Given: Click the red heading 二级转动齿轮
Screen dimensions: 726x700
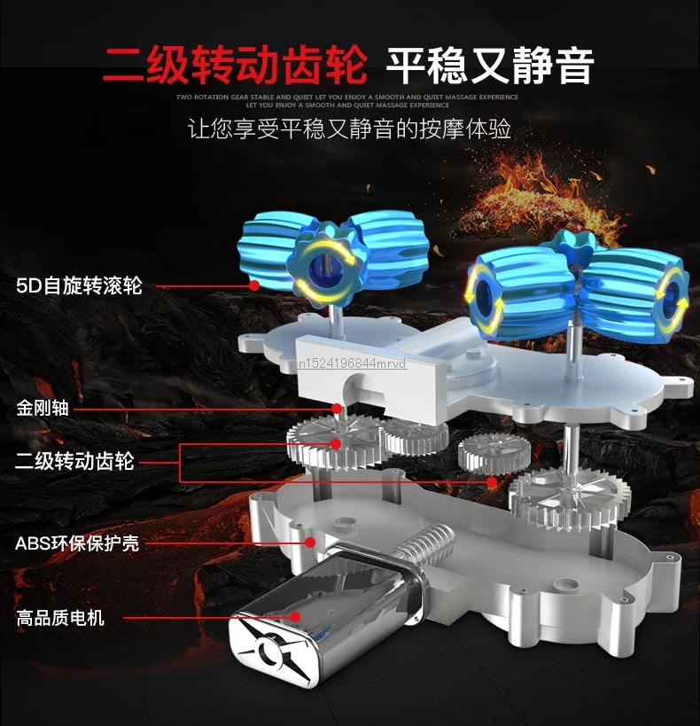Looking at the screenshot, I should click(x=234, y=63).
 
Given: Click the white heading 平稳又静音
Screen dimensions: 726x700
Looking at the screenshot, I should click(x=490, y=63).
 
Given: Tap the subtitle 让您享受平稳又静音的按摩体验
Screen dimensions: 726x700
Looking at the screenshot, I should click(x=350, y=129).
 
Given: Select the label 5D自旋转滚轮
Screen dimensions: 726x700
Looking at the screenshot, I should click(x=79, y=286).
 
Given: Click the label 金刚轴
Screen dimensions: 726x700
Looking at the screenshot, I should click(x=42, y=409).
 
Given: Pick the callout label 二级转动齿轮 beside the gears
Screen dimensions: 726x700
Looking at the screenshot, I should click(x=74, y=461).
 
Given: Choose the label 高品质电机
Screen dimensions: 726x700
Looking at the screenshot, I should click(x=59, y=617).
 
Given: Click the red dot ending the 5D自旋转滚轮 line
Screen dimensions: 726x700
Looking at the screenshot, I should click(x=254, y=285).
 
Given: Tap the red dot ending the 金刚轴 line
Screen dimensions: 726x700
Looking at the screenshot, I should click(x=338, y=409).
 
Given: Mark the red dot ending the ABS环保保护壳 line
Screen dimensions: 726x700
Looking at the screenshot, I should click(x=310, y=542).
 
